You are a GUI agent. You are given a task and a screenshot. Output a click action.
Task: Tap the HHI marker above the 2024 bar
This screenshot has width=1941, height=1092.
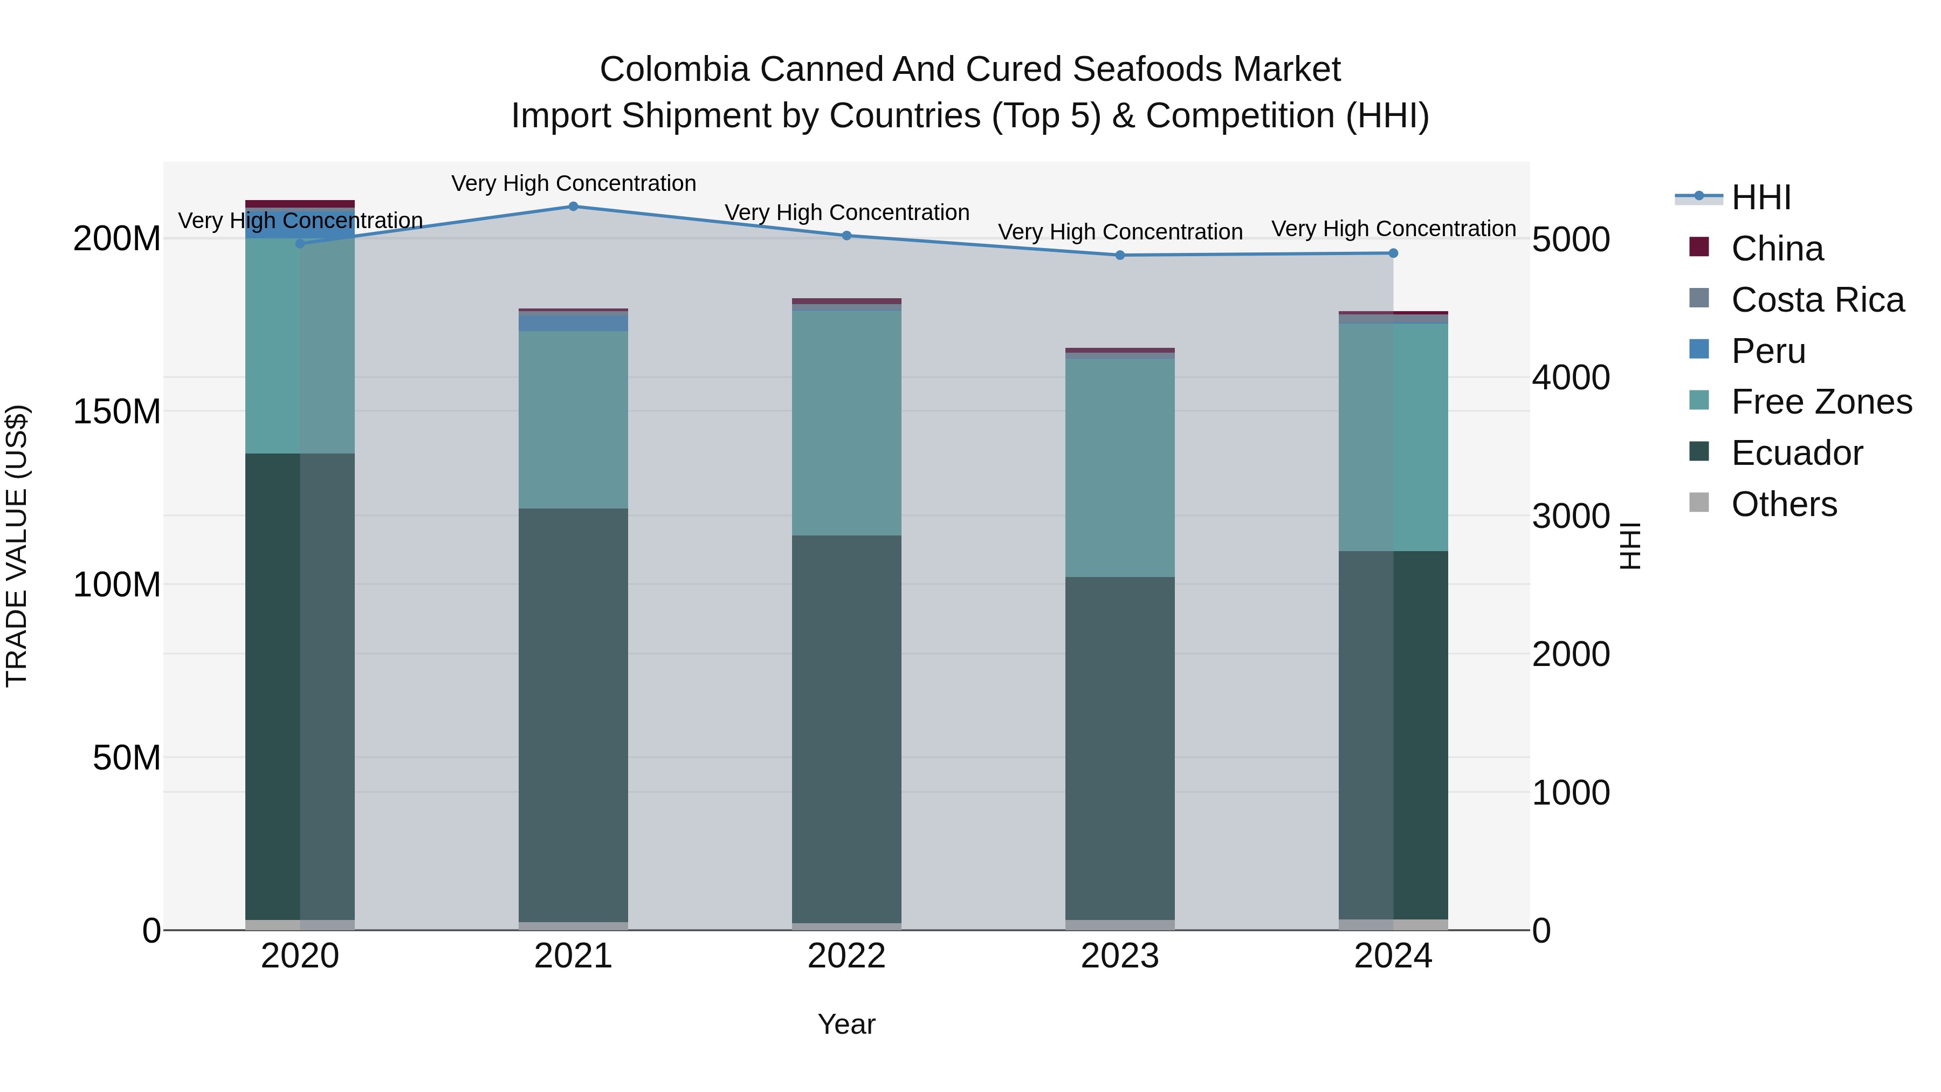1393,253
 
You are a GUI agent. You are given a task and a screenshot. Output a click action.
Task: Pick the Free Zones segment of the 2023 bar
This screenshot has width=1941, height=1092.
1120,467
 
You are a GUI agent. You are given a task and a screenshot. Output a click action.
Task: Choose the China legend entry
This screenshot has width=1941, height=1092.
1777,249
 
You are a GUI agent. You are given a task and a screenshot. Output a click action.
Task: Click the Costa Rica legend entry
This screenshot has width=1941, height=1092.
1816,300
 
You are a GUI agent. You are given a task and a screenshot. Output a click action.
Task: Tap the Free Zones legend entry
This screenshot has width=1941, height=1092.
1820,402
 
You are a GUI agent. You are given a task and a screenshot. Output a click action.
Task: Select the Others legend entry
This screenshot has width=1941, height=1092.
1784,504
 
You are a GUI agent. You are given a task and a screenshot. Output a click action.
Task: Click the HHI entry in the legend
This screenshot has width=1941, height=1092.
1761,197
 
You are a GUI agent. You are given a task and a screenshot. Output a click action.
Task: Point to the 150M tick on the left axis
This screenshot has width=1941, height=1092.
117,412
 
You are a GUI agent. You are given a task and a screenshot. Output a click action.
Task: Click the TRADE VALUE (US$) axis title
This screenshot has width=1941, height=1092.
17,546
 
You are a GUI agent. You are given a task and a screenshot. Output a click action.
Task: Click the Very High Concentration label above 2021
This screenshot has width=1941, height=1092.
574,183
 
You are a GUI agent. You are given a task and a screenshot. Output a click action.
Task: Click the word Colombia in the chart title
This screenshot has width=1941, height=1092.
673,70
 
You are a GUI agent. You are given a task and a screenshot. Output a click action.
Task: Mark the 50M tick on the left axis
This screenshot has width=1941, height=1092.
127,758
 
